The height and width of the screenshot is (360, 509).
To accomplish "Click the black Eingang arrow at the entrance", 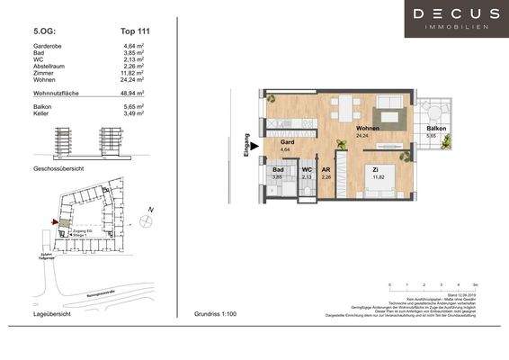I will tap(254, 142).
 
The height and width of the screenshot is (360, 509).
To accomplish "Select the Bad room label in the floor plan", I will tap(278, 168).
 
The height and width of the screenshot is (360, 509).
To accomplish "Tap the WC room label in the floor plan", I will tap(307, 168).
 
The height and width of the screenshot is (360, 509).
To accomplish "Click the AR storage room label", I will tap(328, 168).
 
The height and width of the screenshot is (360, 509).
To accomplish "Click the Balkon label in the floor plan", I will tap(436, 130).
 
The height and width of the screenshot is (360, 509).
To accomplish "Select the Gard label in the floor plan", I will tap(288, 142).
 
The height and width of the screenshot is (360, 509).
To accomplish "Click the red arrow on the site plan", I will tap(55, 221).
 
